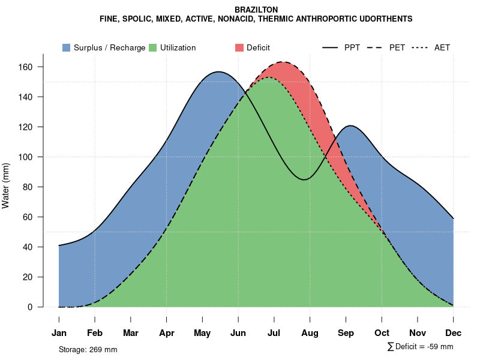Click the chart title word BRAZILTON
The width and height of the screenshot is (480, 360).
[x=256, y=10]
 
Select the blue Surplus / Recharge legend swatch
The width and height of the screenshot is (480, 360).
[x=67, y=47]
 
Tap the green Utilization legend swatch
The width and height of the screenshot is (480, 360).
[x=153, y=47]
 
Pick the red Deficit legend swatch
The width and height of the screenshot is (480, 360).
[x=239, y=47]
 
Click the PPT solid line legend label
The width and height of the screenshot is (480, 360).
[x=352, y=47]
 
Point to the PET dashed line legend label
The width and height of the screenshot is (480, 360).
[x=397, y=47]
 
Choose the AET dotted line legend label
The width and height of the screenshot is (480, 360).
[x=442, y=47]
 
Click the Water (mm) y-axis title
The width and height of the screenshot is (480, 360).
[x=6, y=186]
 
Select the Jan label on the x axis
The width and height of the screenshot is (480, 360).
[x=59, y=333]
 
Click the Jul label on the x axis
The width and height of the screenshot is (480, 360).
[x=274, y=333]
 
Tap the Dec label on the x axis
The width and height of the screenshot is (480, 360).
[x=454, y=333]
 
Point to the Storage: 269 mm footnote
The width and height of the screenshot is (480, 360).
[x=88, y=349]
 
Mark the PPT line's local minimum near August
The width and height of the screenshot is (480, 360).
[x=305, y=179]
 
